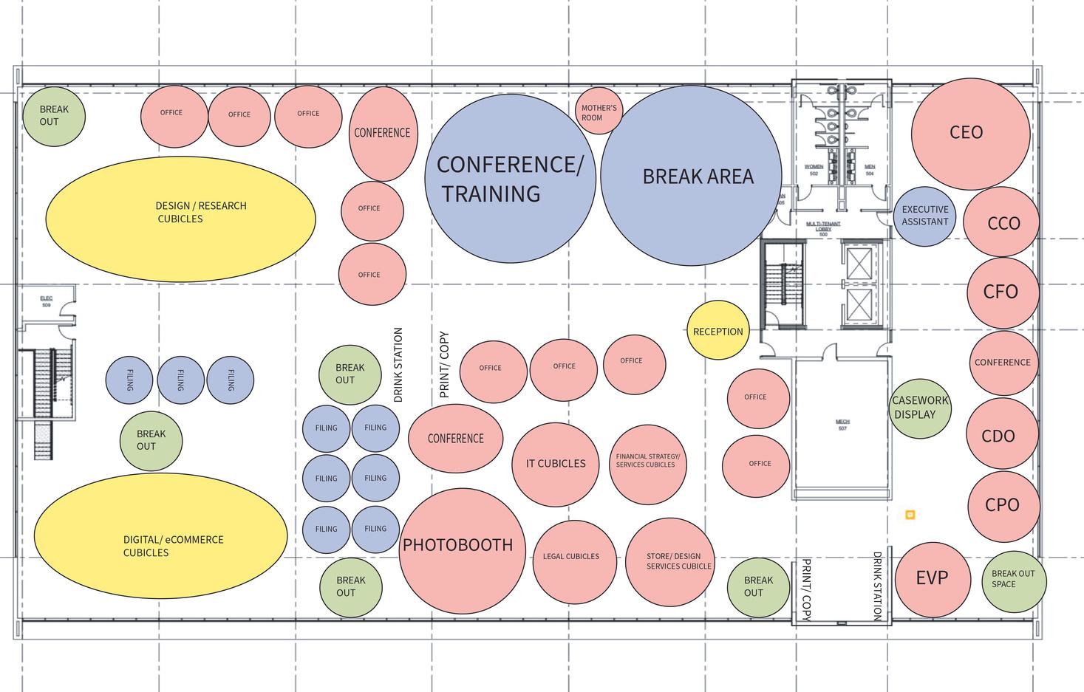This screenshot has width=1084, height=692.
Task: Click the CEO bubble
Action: pos(970,133)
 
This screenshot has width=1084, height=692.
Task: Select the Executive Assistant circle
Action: pos(924,216)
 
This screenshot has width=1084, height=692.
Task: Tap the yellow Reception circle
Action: pos(718,331)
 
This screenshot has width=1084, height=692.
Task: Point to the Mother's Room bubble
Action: pos(599,112)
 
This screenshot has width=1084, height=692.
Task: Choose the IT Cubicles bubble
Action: pos(556,464)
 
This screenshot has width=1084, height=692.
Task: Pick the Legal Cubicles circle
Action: pos(574,557)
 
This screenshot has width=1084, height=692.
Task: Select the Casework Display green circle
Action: pos(918,408)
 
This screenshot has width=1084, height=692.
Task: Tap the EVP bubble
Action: pos(932,578)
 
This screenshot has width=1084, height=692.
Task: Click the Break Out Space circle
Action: pos(1014,580)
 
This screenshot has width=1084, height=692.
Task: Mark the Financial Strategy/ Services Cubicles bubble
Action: pos(647,462)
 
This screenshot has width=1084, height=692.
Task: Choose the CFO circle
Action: pos(1003,292)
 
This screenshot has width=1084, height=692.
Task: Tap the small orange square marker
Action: pos(910,515)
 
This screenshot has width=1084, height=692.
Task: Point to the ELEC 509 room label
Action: pos(47,301)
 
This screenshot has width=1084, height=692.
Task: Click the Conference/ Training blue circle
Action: pos(511,179)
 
